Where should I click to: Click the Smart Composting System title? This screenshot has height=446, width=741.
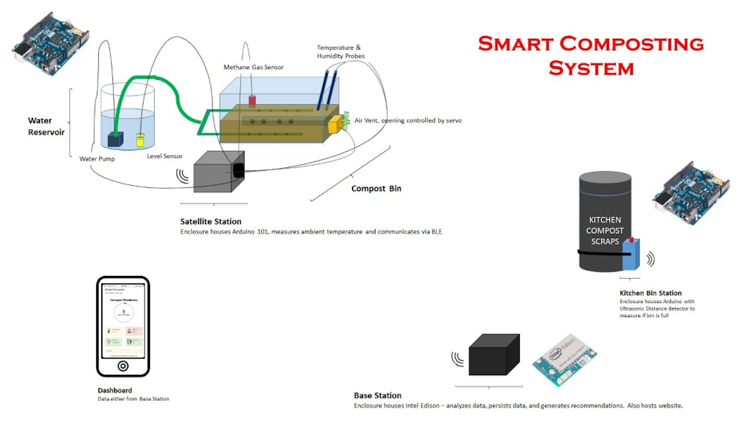(590, 56)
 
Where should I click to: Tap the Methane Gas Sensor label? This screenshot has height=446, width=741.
(254, 68)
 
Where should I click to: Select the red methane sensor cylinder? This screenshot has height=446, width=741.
(252, 102)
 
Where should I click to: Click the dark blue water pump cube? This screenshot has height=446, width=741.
(116, 139)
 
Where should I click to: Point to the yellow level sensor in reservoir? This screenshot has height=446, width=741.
(140, 140)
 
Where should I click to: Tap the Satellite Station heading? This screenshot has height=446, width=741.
(211, 222)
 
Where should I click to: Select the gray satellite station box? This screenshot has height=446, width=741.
(215, 171)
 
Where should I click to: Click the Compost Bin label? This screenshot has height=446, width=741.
(376, 189)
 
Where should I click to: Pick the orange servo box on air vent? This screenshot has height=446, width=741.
(335, 124)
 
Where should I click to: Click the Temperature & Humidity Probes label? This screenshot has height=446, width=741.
(340, 51)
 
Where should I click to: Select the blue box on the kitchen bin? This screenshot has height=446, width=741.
(630, 254)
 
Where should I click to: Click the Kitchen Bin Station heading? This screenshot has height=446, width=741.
(650, 293)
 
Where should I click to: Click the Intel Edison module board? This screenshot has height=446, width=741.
(564, 359)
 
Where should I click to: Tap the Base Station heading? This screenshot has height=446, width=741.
(377, 396)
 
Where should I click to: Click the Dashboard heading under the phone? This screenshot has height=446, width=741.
(115, 390)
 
